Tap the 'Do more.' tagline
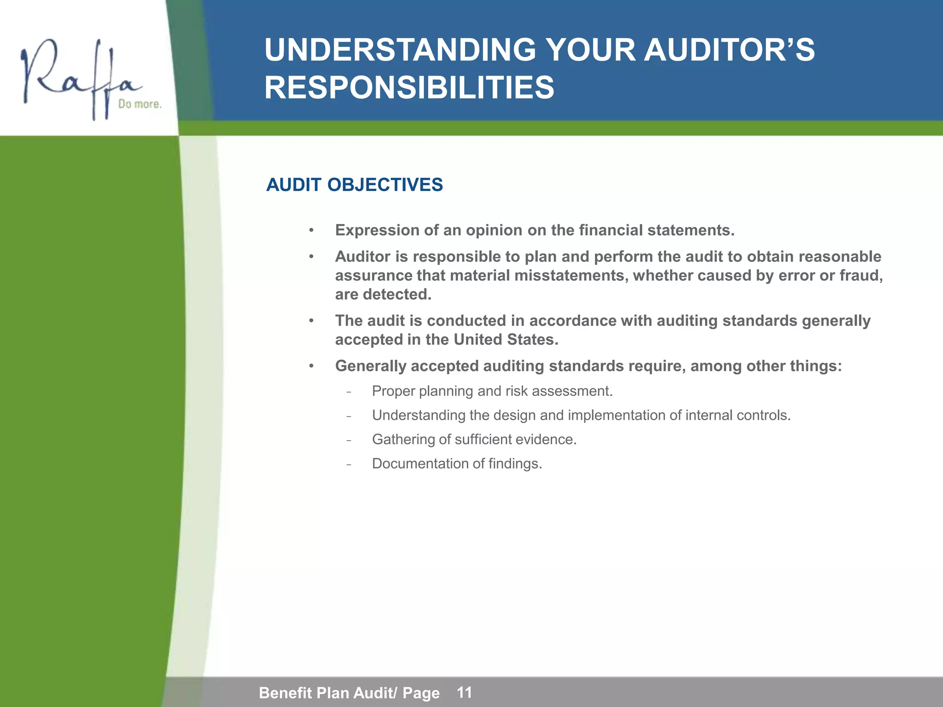tap(140, 104)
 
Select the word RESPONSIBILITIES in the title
tap(409, 88)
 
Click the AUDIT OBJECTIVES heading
tap(354, 185)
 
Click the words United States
tap(506, 340)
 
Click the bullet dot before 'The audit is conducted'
tap(311, 321)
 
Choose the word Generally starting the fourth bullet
tap(370, 366)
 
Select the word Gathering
tap(403, 440)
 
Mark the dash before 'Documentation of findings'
tap(349, 464)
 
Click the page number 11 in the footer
tap(464, 692)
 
